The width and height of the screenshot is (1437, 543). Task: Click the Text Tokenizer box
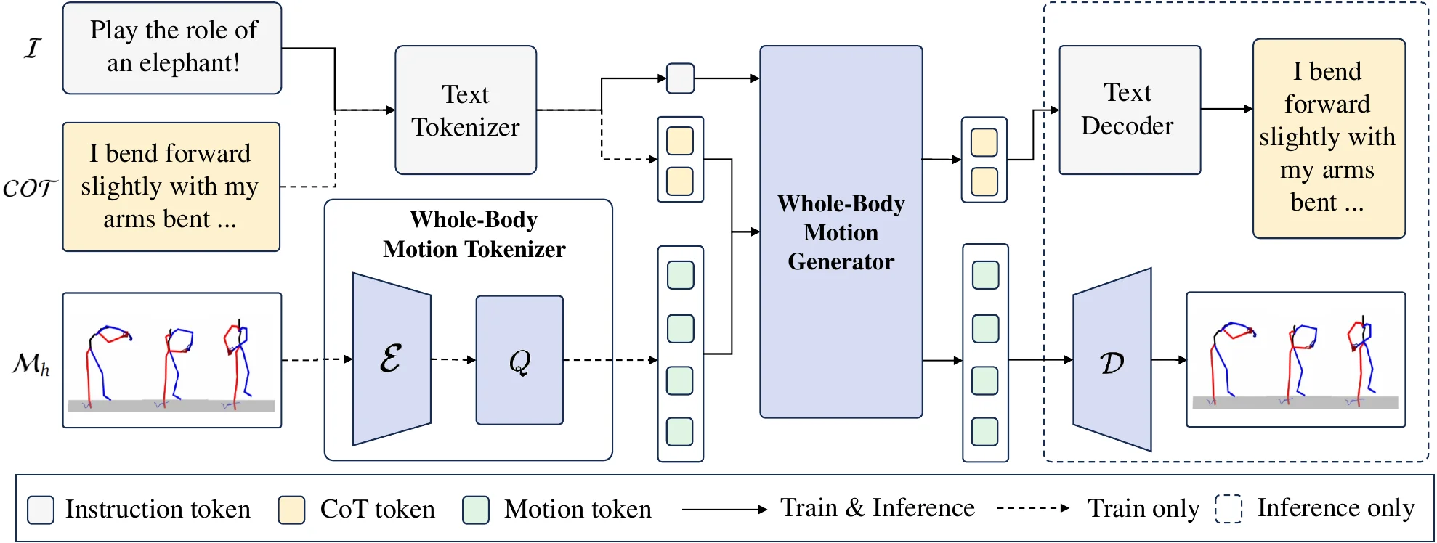[x=466, y=110]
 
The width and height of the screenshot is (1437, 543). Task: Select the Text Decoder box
[x=1129, y=110]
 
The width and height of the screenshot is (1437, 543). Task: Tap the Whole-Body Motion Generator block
[x=841, y=232]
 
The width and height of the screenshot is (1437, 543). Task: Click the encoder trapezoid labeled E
[x=392, y=359]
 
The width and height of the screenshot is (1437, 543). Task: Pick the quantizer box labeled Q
[x=519, y=360]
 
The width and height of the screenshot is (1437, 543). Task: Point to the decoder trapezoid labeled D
[x=1112, y=360]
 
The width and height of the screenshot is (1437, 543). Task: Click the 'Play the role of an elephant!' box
[x=172, y=48]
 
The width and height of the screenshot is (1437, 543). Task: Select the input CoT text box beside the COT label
[x=171, y=187]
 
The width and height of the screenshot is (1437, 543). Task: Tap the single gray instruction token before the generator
[x=680, y=78]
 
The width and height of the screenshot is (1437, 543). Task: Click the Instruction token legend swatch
[x=41, y=510]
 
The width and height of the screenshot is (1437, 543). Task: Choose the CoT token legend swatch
[x=291, y=510]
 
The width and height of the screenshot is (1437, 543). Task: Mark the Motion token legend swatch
[x=476, y=510]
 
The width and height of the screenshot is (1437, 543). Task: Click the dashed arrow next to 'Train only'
[x=1032, y=508]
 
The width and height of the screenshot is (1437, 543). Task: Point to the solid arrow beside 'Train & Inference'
[x=724, y=510]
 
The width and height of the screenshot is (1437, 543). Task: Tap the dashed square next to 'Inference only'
[x=1228, y=508]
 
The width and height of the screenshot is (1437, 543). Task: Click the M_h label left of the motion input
[x=31, y=363]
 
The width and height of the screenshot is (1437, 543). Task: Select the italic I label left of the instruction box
[x=32, y=49]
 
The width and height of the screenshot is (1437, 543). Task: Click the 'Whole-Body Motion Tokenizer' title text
[x=474, y=234]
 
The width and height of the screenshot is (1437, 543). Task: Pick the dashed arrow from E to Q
[x=453, y=359]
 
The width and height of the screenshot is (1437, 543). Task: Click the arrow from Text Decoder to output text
[x=1226, y=109]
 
